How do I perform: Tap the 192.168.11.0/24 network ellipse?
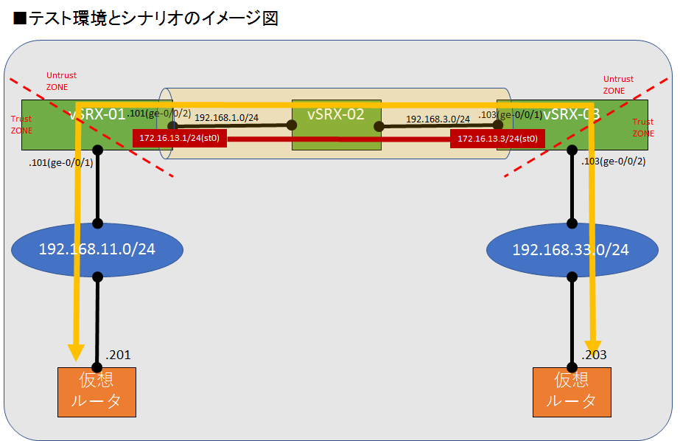(x=98, y=249)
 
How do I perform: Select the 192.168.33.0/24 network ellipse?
(x=571, y=249)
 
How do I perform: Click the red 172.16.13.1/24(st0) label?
(x=179, y=138)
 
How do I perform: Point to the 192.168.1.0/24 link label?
(x=226, y=117)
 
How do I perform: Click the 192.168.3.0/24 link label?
(x=438, y=118)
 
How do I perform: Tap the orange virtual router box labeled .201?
(x=97, y=391)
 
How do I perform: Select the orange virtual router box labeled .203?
(x=571, y=391)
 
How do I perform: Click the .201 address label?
(x=118, y=355)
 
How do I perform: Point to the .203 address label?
(x=593, y=355)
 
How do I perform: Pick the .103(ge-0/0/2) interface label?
(x=613, y=162)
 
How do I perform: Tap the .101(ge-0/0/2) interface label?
(x=159, y=113)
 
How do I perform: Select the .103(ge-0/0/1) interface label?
(x=511, y=114)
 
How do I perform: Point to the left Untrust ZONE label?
(x=61, y=81)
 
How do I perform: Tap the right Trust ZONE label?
(x=642, y=126)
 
